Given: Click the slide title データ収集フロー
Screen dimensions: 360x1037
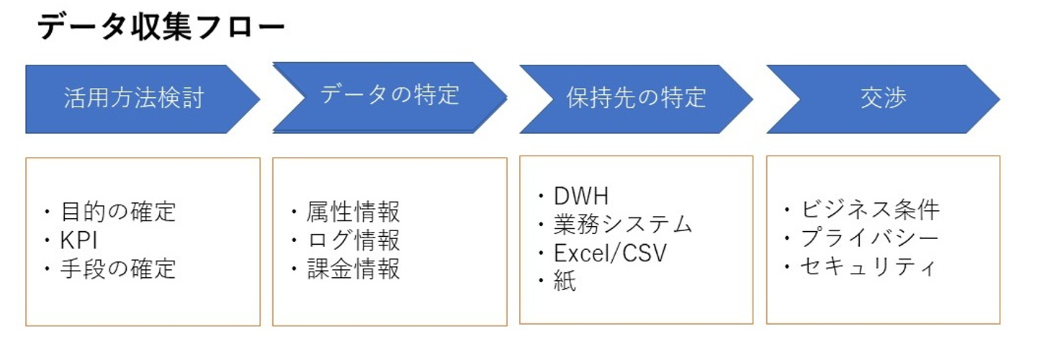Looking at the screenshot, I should point(161,28).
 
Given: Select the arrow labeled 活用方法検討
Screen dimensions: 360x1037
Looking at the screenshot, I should point(134,99).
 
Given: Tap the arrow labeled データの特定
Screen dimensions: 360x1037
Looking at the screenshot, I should point(390,95).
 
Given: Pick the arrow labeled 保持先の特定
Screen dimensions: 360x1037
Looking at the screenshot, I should point(636,98).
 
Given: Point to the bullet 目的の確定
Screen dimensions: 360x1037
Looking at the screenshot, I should point(115,212).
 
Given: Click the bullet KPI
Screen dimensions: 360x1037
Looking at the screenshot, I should point(79,240).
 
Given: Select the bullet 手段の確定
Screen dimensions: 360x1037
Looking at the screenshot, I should point(115,269).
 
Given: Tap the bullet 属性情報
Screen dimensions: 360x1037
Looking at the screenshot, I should point(353,212).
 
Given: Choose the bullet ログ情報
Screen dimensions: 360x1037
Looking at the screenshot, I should point(353,240).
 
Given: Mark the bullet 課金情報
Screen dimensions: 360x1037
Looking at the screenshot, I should point(353,269).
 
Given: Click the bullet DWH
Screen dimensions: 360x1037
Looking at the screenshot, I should point(580,195).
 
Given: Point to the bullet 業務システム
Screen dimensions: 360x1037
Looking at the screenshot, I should point(622,224).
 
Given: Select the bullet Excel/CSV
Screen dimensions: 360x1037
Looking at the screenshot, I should point(610,253).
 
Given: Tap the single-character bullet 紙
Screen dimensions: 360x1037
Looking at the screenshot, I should point(565,282).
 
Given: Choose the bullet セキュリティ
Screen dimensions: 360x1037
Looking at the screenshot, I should point(868,267).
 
